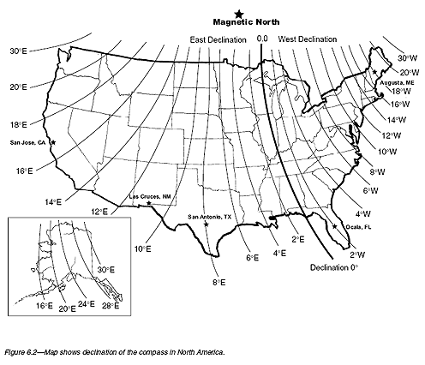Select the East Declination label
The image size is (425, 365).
point(218,39)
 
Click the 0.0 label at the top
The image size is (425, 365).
point(262,39)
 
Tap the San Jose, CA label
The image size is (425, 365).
point(27,142)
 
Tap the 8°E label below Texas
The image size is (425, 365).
point(218,281)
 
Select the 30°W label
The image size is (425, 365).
point(407,57)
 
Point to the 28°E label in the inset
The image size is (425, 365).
point(110,306)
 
